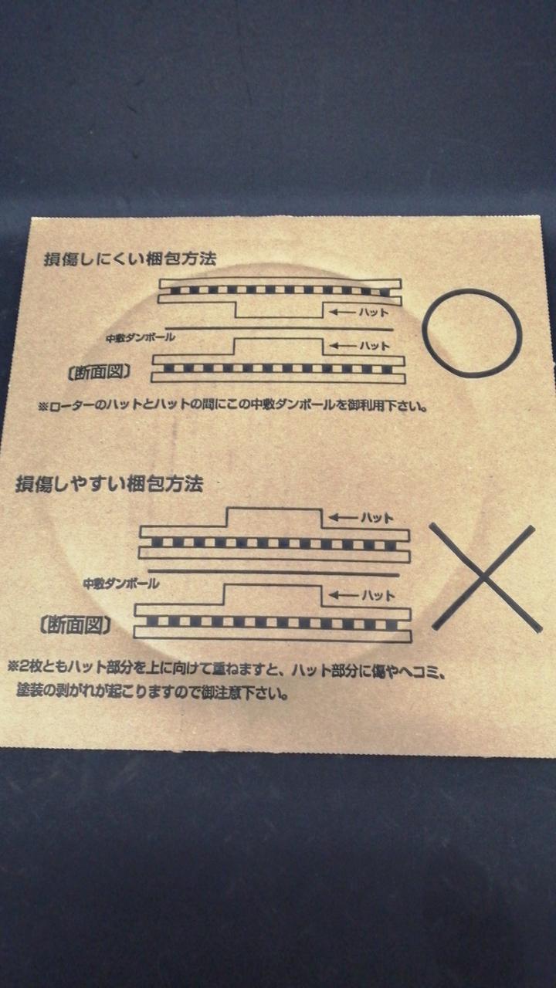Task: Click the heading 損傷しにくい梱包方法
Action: pyautogui.click(x=131, y=259)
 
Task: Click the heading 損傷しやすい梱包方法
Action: pyautogui.click(x=110, y=484)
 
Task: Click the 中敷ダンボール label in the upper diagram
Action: pyautogui.click(x=141, y=338)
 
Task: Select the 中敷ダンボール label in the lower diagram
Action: pyautogui.click(x=121, y=584)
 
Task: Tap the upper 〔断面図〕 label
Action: pyautogui.click(x=100, y=373)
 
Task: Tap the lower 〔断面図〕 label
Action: pyautogui.click(x=76, y=625)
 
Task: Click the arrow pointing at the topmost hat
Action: pyautogui.click(x=342, y=313)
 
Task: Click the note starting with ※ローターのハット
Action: pyautogui.click(x=232, y=405)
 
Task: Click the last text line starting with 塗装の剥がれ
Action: pyautogui.click(x=153, y=692)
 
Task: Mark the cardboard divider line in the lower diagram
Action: pyautogui.click(x=276, y=573)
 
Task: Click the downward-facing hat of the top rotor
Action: pyautogui.click(x=280, y=310)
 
